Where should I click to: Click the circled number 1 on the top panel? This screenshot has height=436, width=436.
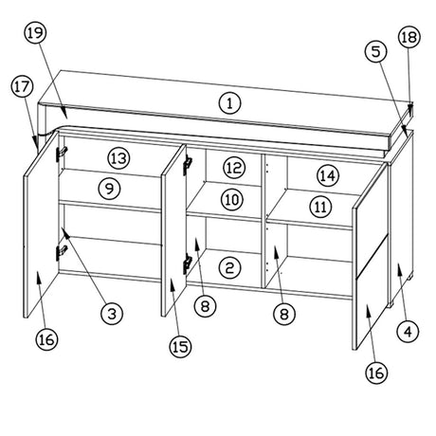click(229, 103)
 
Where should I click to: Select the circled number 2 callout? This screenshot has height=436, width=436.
click(229, 268)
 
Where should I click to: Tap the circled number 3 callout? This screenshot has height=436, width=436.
click(112, 314)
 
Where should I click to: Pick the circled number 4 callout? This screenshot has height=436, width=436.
click(408, 331)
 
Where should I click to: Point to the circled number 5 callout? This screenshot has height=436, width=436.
click(375, 51)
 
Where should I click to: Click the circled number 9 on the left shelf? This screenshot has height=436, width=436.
click(109, 189)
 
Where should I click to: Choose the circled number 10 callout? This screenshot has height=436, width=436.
click(232, 200)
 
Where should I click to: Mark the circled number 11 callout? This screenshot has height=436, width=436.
click(320, 208)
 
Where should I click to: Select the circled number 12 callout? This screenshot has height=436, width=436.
click(234, 168)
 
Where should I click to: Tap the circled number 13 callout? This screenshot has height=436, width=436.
click(119, 158)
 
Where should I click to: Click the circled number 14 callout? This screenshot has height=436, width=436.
click(328, 175)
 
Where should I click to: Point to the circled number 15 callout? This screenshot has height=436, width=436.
click(180, 347)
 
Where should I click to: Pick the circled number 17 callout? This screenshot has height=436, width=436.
click(22, 87)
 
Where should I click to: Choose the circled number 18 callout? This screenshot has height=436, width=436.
click(409, 37)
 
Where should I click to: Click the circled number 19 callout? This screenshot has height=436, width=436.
click(35, 33)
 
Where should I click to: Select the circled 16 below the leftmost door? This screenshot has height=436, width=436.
click(46, 339)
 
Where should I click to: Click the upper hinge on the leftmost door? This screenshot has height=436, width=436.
click(62, 153)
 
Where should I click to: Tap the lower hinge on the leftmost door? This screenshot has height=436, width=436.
click(62, 252)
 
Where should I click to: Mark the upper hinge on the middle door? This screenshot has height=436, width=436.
click(188, 164)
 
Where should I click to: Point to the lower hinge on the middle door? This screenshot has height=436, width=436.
click(188, 263)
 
